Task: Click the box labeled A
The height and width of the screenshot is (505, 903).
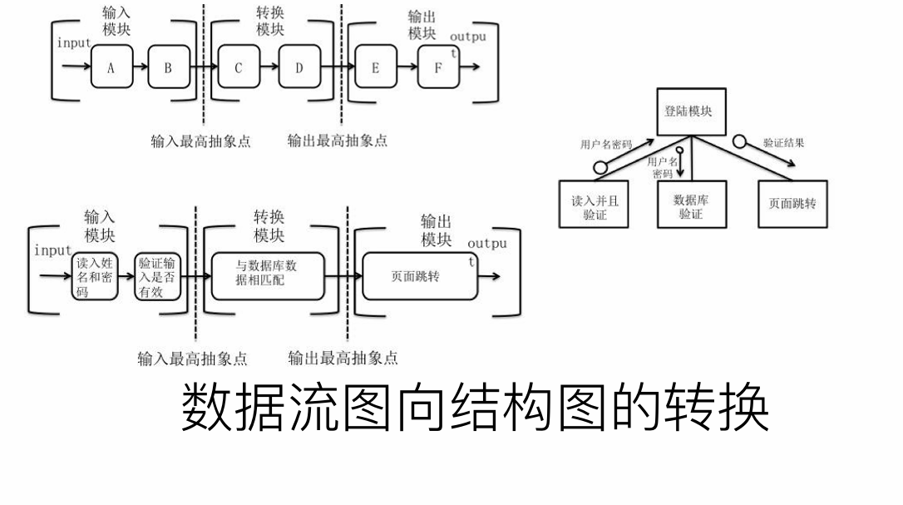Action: point(111,67)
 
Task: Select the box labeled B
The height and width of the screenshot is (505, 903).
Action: point(169,67)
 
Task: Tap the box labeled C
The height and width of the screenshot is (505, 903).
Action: point(239,67)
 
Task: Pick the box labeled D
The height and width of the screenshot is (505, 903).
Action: point(299,67)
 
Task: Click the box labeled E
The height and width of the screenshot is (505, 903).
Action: point(375,67)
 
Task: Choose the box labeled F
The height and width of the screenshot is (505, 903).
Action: point(437,67)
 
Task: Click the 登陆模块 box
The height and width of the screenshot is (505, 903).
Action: point(691,112)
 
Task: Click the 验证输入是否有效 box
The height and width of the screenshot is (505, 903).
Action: point(156,277)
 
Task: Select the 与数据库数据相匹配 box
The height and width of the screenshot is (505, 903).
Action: point(266,274)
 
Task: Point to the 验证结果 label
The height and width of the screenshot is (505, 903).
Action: point(783,143)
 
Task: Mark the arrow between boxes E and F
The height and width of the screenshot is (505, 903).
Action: point(407,67)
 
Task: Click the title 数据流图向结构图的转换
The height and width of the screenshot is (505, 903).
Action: point(475,408)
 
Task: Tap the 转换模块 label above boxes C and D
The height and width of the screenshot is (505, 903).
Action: point(269,22)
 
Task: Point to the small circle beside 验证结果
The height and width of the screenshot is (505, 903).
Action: point(739,141)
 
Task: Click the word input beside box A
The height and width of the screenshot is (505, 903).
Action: point(73,43)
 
